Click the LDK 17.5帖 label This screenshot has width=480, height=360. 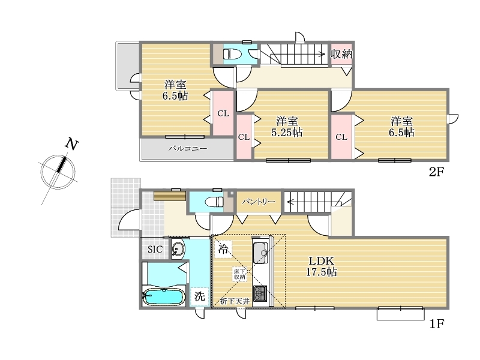(x=322, y=266)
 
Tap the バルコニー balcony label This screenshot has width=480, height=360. (x=188, y=149)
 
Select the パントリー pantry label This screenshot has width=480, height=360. (x=259, y=202)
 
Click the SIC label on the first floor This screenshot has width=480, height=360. (x=155, y=250)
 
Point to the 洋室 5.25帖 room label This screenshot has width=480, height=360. (x=287, y=127)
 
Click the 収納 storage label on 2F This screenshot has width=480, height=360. (x=341, y=55)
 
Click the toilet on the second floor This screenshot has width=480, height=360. (x=232, y=55)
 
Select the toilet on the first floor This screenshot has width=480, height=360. (x=214, y=202)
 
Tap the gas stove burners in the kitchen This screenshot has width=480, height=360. (x=260, y=293)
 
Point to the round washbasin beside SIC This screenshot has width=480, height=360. (x=178, y=249)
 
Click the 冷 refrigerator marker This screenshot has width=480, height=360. (x=223, y=249)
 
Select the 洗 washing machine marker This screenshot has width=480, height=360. (x=199, y=296)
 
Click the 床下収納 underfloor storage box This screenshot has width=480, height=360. (x=239, y=274)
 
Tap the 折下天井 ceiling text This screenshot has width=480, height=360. (x=235, y=302)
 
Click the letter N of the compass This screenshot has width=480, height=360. (x=72, y=144)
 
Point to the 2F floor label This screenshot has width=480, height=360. (x=436, y=172)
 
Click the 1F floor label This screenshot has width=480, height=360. (x=437, y=323)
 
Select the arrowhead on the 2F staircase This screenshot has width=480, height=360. (x=322, y=54)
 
